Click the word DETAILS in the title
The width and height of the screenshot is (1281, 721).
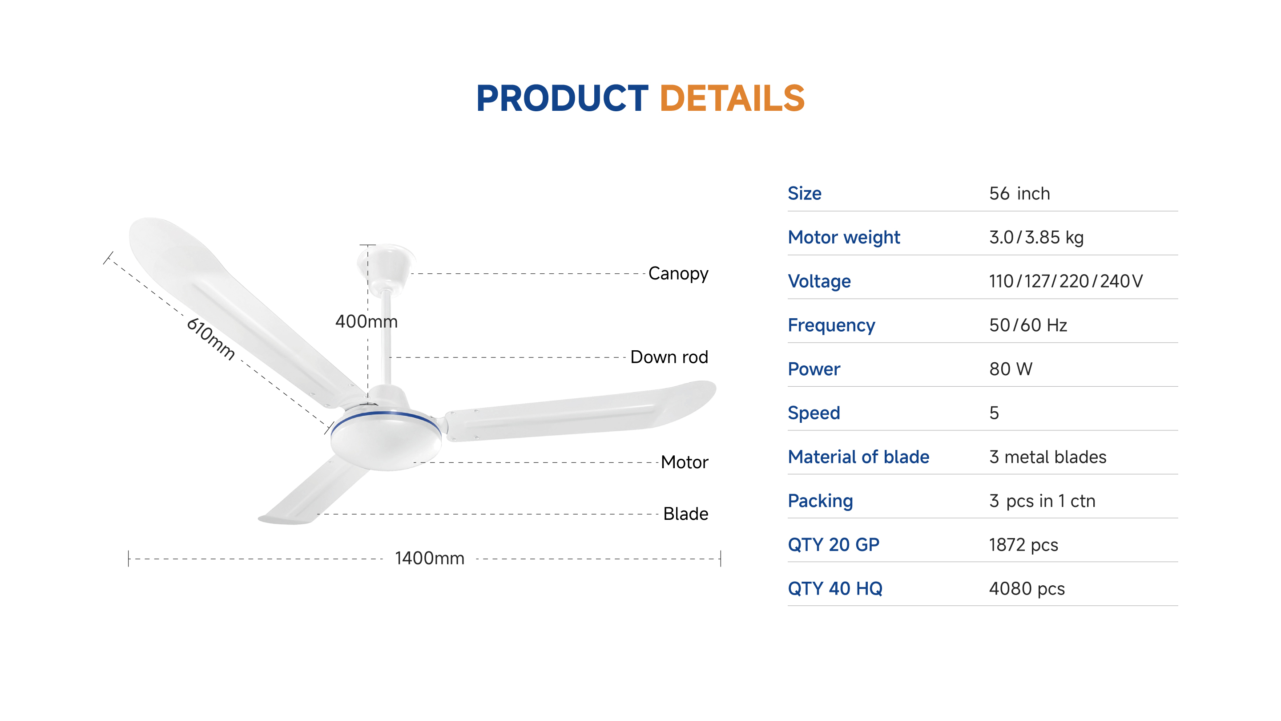[x=732, y=98]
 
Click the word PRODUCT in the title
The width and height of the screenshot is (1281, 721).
[x=562, y=98]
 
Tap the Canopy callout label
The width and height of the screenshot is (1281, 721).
[x=678, y=274]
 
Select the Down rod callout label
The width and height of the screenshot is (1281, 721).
[x=669, y=357]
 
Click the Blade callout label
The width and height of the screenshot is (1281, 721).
[x=686, y=514]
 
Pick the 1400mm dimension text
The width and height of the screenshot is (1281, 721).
[x=430, y=558]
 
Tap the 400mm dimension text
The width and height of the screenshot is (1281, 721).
[x=367, y=321]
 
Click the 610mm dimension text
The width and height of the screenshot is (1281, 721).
[x=210, y=338]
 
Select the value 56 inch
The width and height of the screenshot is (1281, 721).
[x=1019, y=194]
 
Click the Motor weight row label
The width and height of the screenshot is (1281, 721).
[x=844, y=238]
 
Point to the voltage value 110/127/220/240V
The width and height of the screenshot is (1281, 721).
[x=1066, y=281]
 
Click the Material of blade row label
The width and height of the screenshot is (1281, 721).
[x=858, y=457]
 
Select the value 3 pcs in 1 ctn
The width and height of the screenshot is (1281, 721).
[x=1042, y=501]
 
